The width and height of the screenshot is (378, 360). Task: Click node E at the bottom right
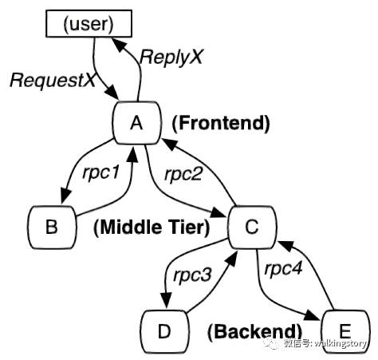tap(344, 329)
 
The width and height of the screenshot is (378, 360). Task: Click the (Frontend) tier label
tap(221, 123)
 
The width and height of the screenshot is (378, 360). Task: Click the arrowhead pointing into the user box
tap(120, 44)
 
